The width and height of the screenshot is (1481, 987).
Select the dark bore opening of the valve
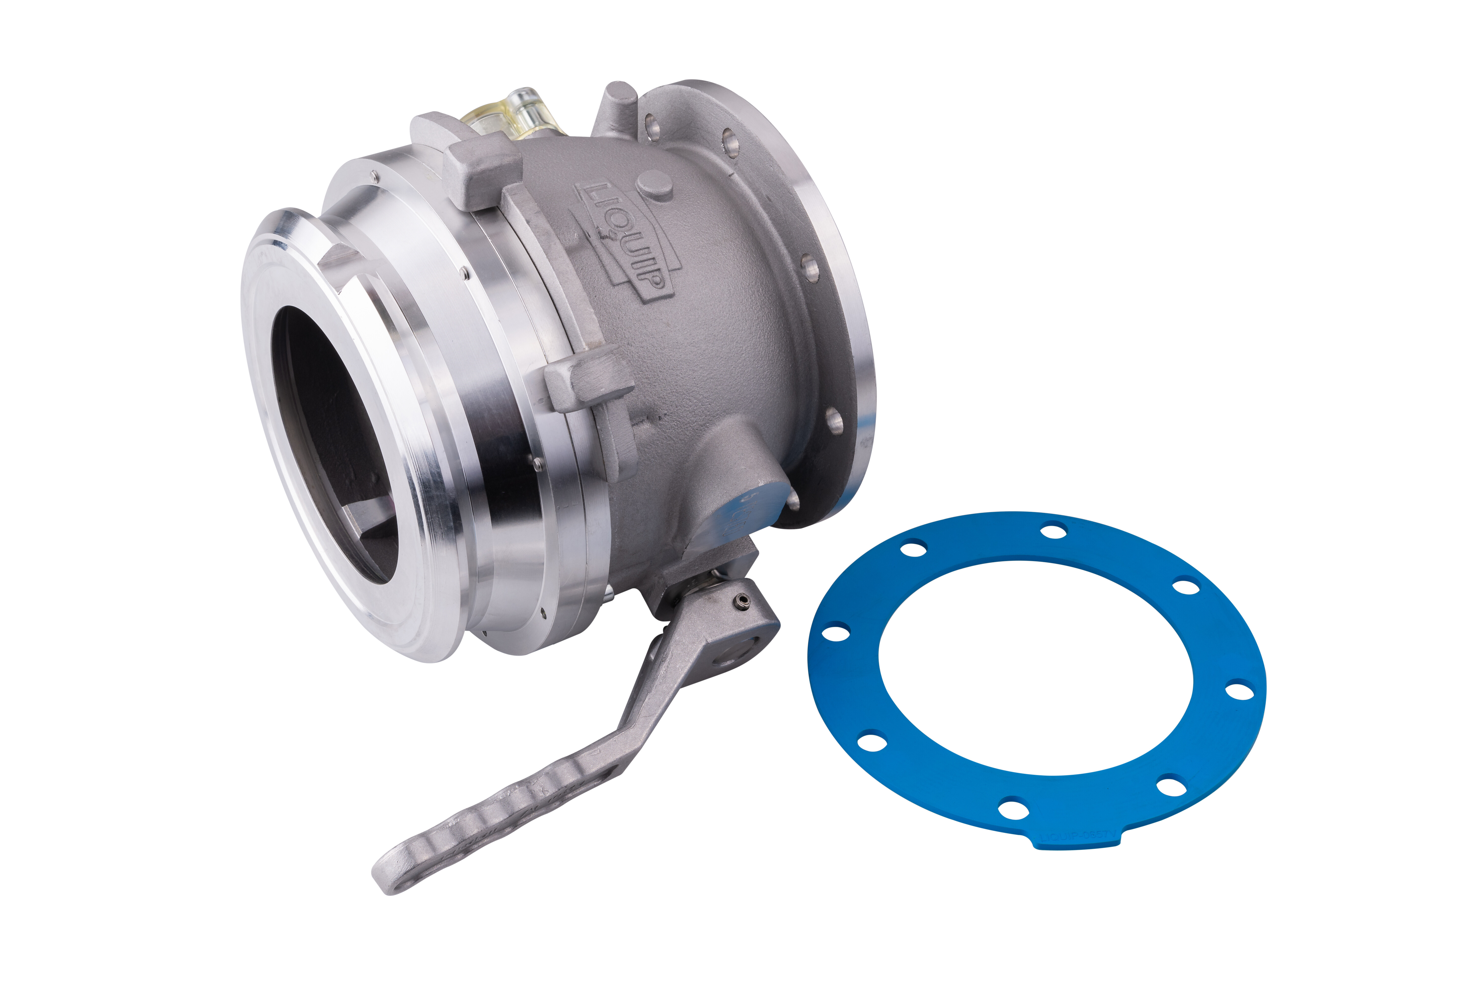[334, 441]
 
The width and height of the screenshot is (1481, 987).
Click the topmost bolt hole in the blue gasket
[1053, 532]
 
